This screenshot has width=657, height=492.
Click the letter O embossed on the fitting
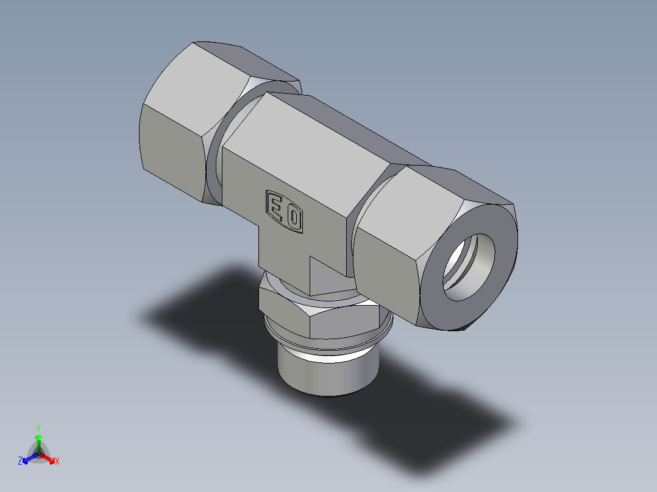click(294, 218)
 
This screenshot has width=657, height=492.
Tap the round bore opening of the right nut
click(469, 268)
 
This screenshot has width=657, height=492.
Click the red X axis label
click(57, 462)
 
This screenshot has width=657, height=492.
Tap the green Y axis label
click(38, 427)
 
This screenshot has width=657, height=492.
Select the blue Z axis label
click(20, 461)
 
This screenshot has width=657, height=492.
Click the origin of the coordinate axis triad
click(38, 454)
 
